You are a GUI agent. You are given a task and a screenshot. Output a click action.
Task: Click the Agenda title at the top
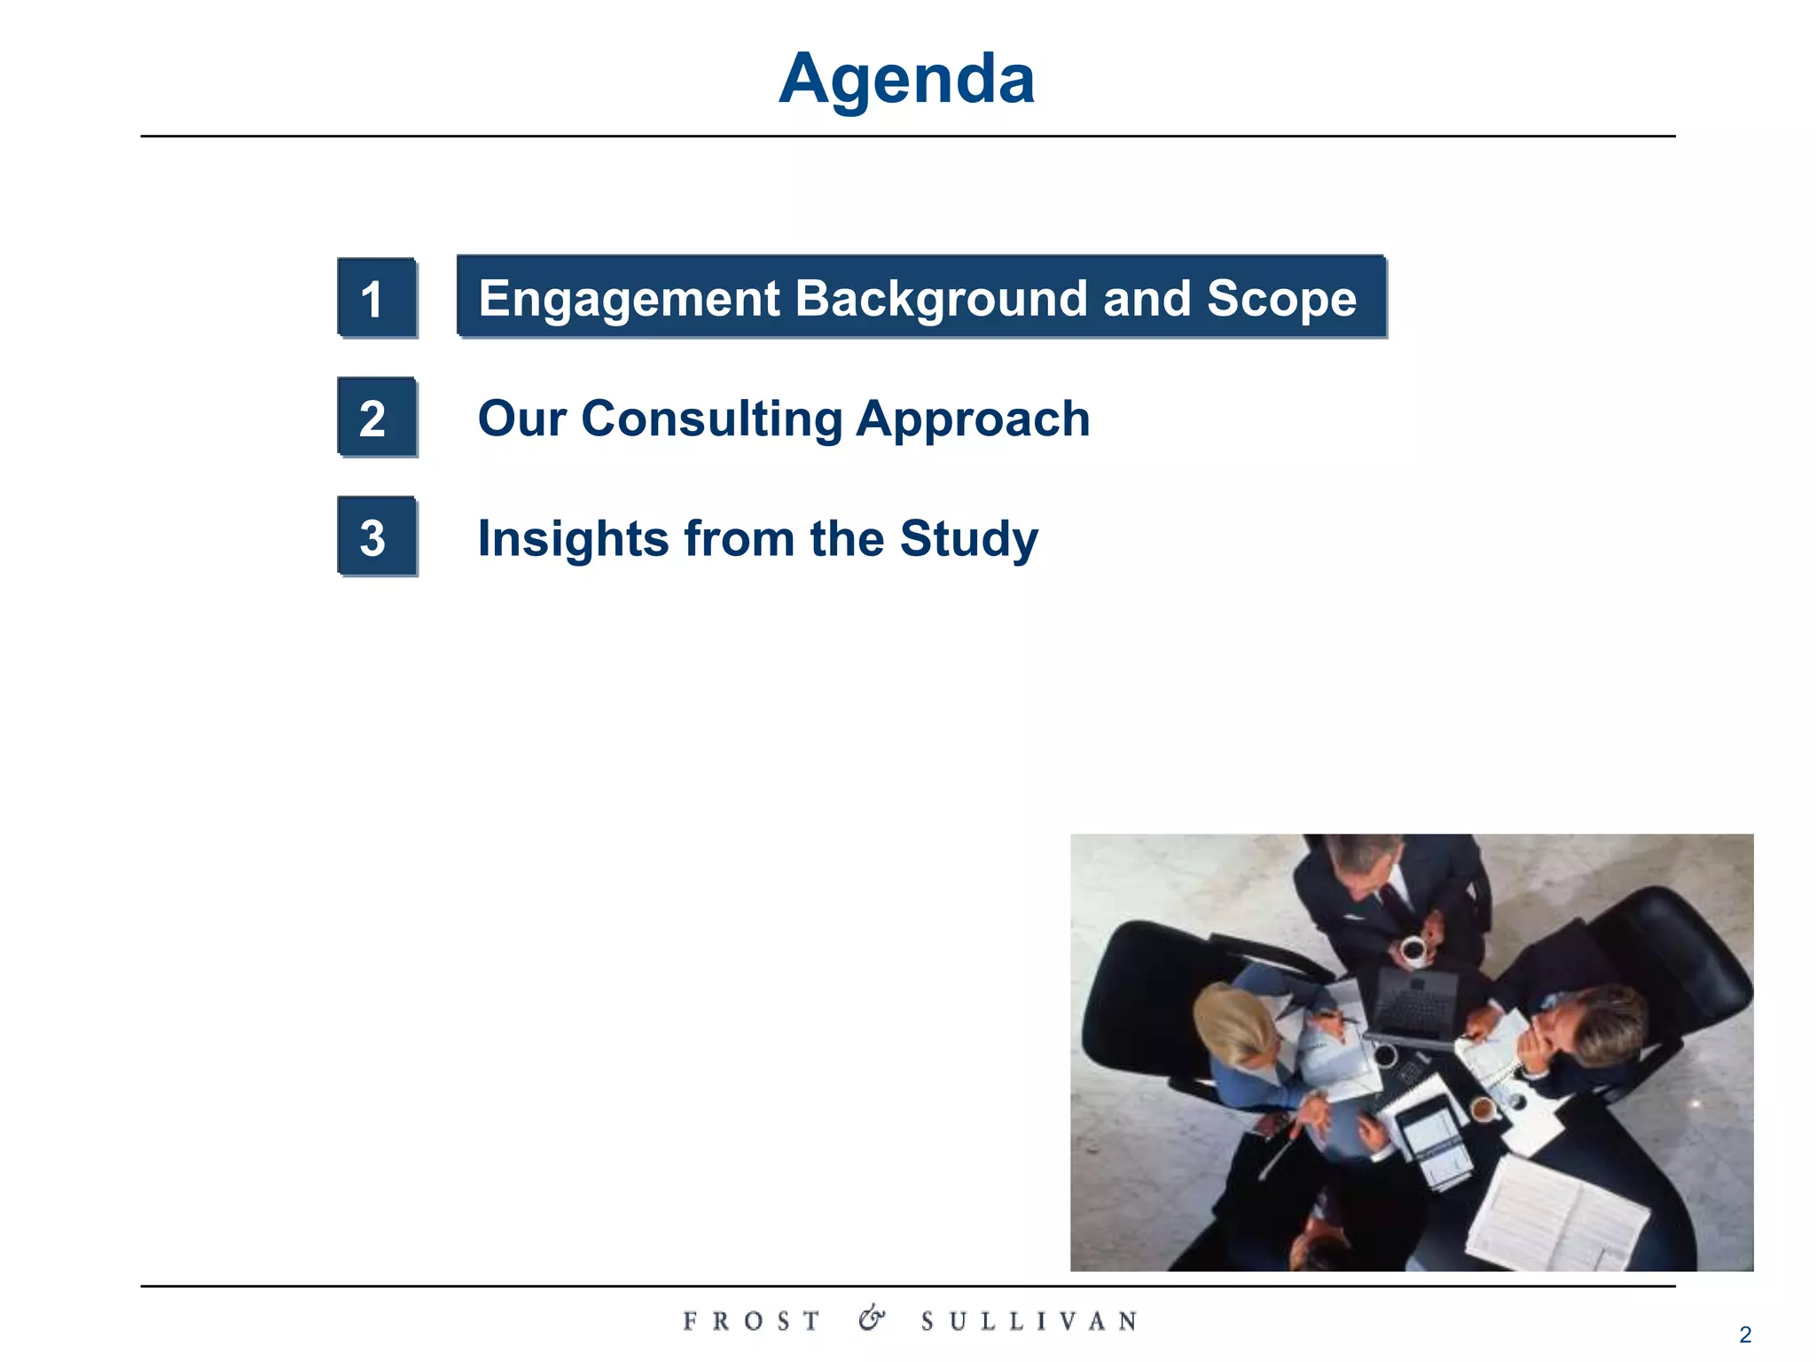pyautogui.click(x=906, y=80)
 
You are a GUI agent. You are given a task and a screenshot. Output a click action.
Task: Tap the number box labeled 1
pyautogui.click(x=376, y=298)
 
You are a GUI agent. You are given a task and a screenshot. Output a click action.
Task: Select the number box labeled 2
pyautogui.click(x=376, y=418)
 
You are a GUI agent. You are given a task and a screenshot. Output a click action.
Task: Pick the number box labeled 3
pyautogui.click(x=376, y=537)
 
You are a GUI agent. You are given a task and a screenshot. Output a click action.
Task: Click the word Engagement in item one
pyautogui.click(x=629, y=299)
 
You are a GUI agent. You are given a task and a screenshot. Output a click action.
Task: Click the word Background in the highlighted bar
pyautogui.click(x=941, y=299)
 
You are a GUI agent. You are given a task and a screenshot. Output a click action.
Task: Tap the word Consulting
pyautogui.click(x=711, y=419)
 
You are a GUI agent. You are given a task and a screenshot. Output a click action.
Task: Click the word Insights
pyautogui.click(x=573, y=538)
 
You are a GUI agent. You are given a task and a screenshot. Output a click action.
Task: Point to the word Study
pyautogui.click(x=968, y=538)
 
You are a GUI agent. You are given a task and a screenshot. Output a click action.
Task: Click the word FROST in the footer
pyautogui.click(x=752, y=1321)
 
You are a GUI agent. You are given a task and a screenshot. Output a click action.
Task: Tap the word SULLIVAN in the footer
pyautogui.click(x=1029, y=1321)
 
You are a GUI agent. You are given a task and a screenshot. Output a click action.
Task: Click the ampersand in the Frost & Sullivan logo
pyautogui.click(x=871, y=1319)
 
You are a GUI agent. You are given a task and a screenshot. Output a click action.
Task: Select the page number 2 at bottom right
pyautogui.click(x=1744, y=1335)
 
